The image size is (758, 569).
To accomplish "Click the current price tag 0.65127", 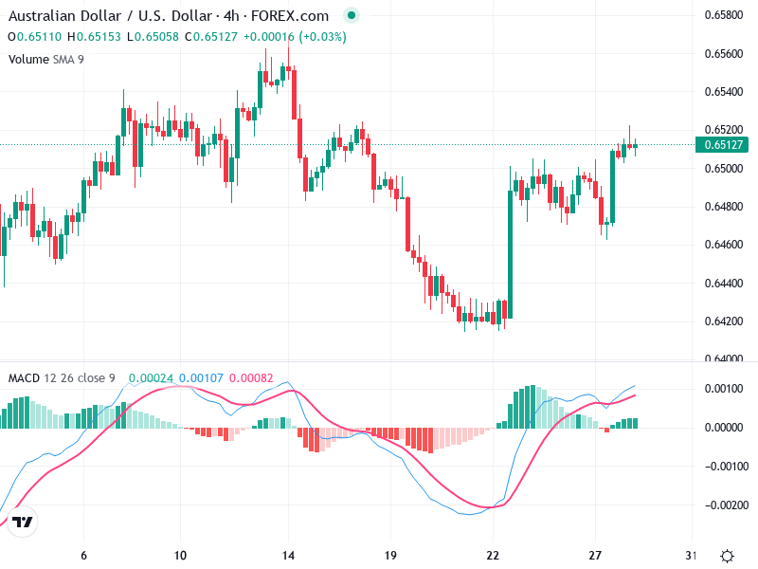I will pyautogui.click(x=723, y=145).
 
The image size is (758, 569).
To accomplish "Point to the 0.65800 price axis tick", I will pyautogui.click(x=723, y=15).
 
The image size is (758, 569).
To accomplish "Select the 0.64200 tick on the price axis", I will pyautogui.click(x=723, y=321).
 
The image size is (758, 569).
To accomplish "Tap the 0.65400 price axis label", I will pyautogui.click(x=723, y=92).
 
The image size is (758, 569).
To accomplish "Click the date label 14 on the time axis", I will pyautogui.click(x=290, y=556).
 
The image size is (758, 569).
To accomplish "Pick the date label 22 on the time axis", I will pyautogui.click(x=493, y=556).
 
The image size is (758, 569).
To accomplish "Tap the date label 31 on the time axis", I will pyautogui.click(x=691, y=556).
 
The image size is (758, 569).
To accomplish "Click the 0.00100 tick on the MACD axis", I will pyautogui.click(x=723, y=389).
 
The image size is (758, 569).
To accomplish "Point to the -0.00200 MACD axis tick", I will pyautogui.click(x=723, y=505).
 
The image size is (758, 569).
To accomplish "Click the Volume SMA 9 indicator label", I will pyautogui.click(x=46, y=59).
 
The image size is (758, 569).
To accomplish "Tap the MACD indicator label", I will pyautogui.click(x=24, y=378).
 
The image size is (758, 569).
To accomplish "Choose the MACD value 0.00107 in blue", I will pyautogui.click(x=201, y=378).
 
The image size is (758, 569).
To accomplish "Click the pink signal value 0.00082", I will pyautogui.click(x=251, y=378).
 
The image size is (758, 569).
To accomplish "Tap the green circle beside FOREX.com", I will pyautogui.click(x=352, y=16).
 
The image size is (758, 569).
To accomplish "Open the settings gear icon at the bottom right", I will pyautogui.click(x=727, y=556).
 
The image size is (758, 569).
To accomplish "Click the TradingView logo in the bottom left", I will pyautogui.click(x=23, y=523).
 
